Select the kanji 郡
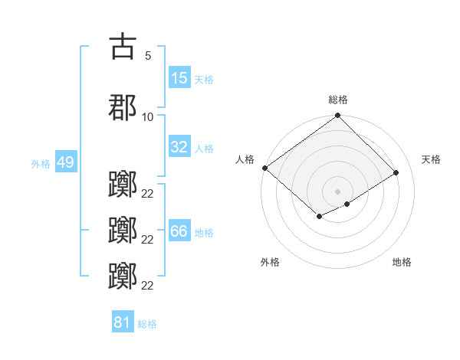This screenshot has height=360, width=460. click(123, 108)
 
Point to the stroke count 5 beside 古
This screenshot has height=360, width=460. click(147, 55)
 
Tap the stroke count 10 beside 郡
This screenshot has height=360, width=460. click(147, 117)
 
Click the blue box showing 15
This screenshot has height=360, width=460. click(179, 79)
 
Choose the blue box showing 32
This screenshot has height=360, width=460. click(179, 147)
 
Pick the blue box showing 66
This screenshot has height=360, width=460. click(179, 232)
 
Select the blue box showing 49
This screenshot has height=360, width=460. click(65, 163)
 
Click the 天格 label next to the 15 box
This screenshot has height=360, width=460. click(204, 80)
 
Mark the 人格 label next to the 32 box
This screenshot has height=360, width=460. click(204, 148)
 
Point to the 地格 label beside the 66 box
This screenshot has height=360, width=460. click(204, 233)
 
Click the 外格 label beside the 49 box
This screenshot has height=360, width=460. click(41, 164)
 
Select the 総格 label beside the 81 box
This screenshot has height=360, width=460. click(147, 324)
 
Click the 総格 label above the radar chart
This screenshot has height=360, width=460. click(338, 100)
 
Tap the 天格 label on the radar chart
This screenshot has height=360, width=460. click(432, 159)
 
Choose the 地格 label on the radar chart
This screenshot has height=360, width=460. click(402, 262)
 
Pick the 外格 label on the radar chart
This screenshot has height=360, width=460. click(270, 262)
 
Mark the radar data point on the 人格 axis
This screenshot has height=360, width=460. click(264, 168)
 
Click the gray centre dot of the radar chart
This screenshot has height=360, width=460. click(337, 191)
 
